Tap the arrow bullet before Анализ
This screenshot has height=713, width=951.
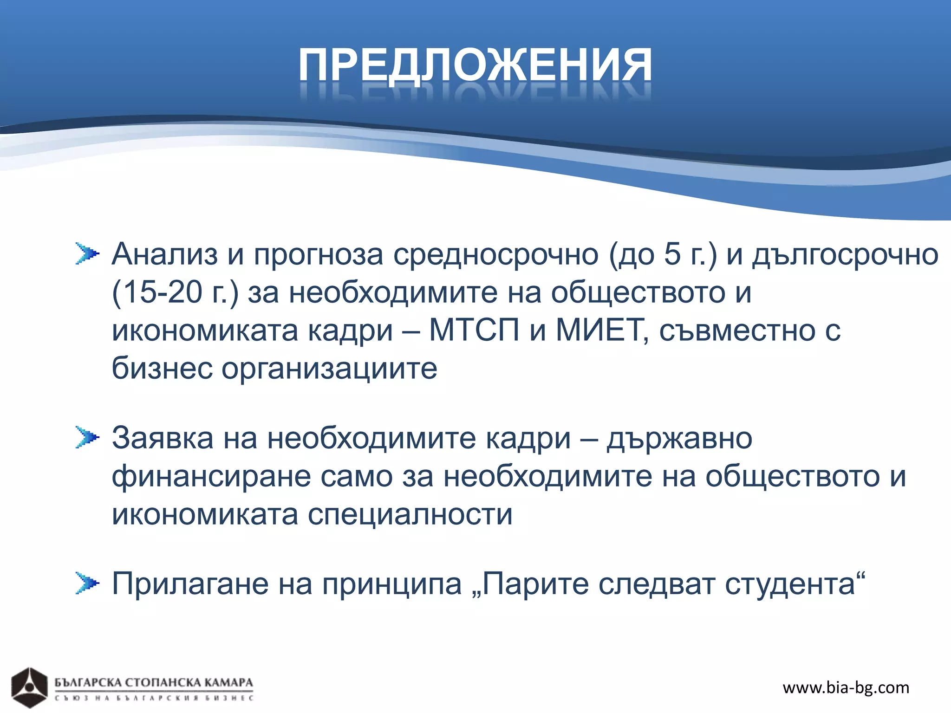(x=87, y=254)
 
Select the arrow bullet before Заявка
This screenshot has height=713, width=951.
(x=87, y=437)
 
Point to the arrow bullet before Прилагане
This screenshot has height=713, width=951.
(x=87, y=583)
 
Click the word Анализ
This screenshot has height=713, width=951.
(x=164, y=255)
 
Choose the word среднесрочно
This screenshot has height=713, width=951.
(x=496, y=255)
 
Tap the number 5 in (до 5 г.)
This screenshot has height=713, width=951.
(x=672, y=255)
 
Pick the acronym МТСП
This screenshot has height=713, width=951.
(x=474, y=331)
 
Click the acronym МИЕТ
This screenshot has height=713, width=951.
(x=599, y=331)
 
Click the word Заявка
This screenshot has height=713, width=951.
(x=163, y=438)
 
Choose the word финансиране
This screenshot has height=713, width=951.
(x=211, y=477)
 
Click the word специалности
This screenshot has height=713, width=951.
(x=410, y=515)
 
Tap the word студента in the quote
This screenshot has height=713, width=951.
(x=790, y=584)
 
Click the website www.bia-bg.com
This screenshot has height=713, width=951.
(x=846, y=687)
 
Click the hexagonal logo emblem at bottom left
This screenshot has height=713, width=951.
(x=29, y=687)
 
